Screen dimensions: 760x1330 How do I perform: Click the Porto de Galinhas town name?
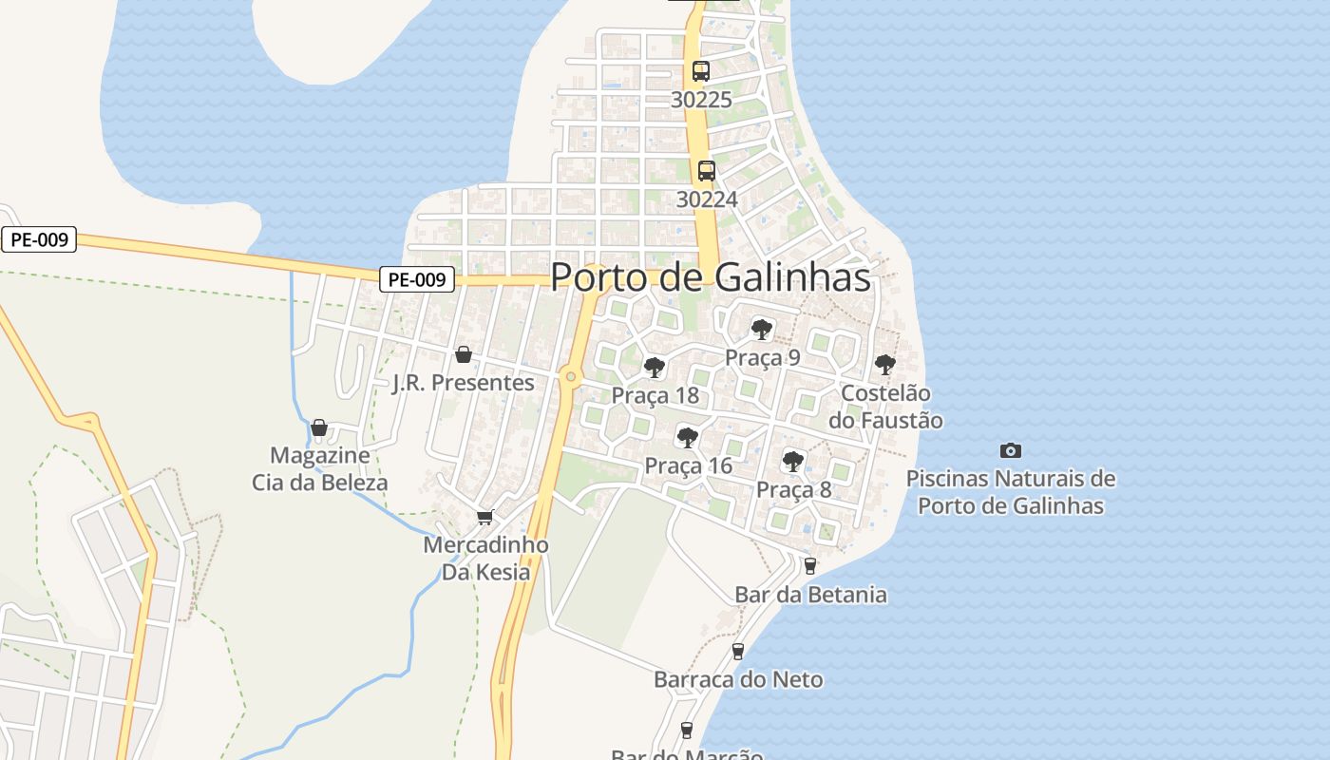point(711,277)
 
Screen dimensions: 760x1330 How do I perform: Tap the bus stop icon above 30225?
point(701,71)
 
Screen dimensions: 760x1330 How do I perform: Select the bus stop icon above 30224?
point(707,171)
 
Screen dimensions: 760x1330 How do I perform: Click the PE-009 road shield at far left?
point(39,239)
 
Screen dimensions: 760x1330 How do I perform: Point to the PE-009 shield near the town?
point(417,279)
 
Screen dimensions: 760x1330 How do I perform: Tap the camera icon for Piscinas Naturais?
point(1011,450)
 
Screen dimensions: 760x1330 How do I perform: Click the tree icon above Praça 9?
point(761,330)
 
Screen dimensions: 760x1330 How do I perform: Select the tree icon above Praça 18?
point(654,368)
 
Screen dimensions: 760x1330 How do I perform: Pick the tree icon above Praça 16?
point(687,438)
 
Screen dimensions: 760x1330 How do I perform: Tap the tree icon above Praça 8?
point(792,462)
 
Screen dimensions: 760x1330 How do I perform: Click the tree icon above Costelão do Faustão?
point(884,364)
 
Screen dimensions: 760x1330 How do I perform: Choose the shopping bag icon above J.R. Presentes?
point(464,354)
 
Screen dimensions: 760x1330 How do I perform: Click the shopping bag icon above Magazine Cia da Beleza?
point(319,427)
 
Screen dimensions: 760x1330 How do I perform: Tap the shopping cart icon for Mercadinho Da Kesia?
point(485,517)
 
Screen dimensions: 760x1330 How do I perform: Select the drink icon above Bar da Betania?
point(809,566)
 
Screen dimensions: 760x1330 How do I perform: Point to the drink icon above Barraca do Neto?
point(737,652)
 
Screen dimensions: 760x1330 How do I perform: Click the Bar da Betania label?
point(810,595)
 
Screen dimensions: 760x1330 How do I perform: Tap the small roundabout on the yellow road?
point(570,377)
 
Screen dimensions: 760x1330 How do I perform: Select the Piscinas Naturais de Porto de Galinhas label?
point(1011,491)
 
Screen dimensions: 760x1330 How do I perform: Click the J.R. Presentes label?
point(464,383)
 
